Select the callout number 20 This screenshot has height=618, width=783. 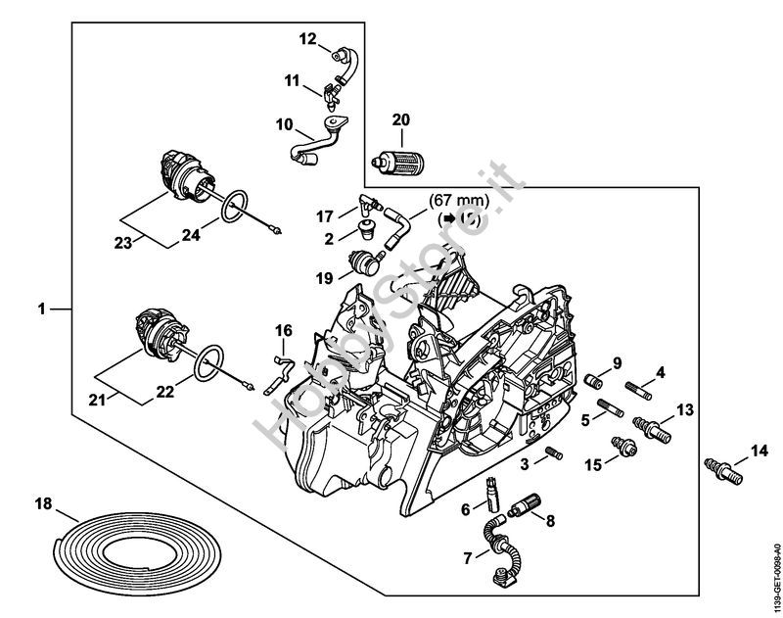pos(400,120)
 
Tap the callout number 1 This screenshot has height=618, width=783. pos(41,309)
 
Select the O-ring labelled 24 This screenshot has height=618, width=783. pos(230,209)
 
